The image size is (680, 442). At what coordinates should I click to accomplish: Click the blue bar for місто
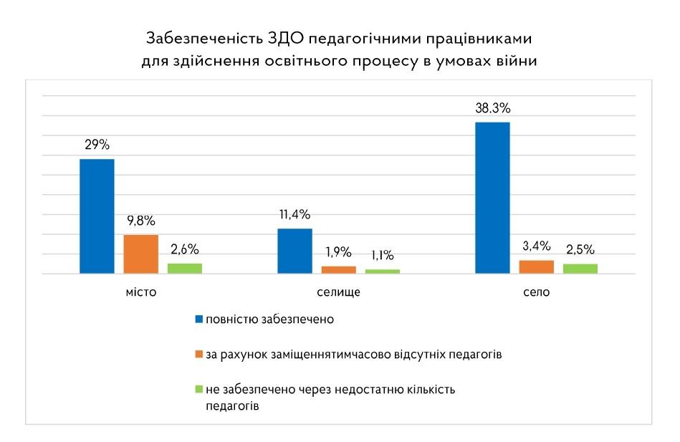97,216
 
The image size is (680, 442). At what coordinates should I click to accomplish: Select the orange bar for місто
141,254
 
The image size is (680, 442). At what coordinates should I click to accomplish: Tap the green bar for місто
185,268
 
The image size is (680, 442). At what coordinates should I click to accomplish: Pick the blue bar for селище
294,251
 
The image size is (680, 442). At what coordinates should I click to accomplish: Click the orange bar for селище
339,269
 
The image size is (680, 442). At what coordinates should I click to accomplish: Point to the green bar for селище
383,271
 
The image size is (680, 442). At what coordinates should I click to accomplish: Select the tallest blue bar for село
492,198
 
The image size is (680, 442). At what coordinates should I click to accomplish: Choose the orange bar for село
537,266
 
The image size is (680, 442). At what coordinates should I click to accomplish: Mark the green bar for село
580,268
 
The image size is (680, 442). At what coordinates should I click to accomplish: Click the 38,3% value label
492,108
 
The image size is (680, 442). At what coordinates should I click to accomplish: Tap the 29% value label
97,145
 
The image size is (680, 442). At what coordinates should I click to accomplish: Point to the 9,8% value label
141,221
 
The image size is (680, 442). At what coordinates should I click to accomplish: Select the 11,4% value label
294,214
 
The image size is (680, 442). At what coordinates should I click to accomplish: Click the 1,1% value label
383,255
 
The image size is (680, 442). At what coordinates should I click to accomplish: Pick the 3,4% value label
537,246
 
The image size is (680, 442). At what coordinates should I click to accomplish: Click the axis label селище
338,293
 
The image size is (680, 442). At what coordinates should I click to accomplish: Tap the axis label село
537,293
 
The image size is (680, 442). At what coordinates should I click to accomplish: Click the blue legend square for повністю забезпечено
198,319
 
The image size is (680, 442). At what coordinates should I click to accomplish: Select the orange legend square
198,354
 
